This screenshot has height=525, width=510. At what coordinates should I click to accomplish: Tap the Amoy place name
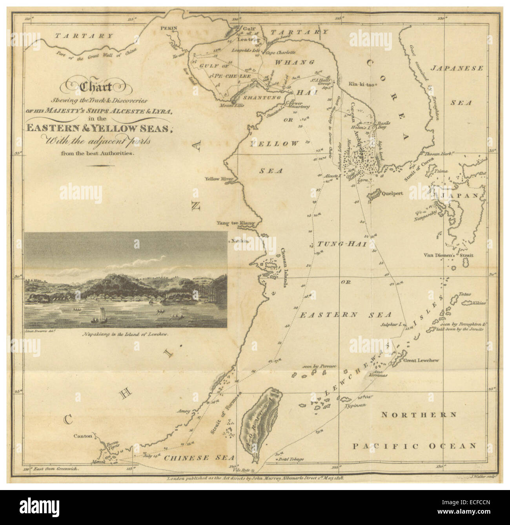(x=183, y=412)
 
